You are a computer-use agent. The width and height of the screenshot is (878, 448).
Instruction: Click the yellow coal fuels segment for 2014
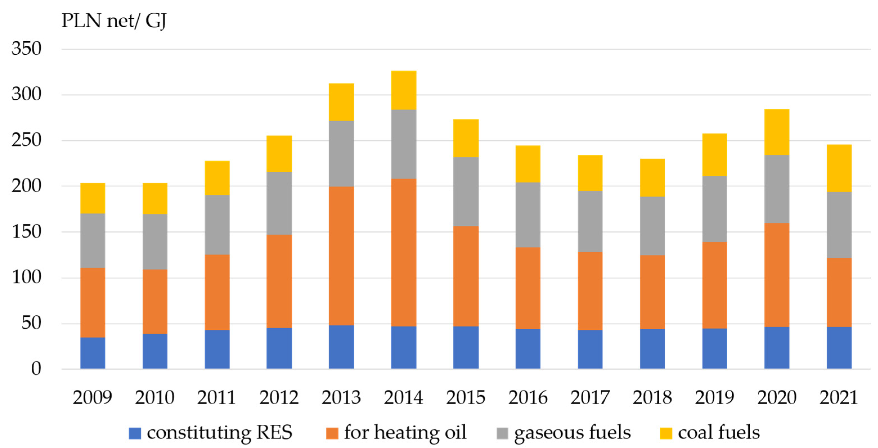click(x=404, y=90)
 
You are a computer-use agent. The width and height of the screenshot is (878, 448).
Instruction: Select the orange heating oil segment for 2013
click(x=341, y=255)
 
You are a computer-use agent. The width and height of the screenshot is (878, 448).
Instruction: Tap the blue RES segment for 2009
click(x=92, y=353)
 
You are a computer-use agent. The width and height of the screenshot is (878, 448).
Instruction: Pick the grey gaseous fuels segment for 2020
click(x=777, y=189)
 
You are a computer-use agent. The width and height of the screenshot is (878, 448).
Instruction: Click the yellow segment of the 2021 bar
click(x=839, y=168)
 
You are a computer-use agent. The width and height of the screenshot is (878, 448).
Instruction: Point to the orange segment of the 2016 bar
click(x=528, y=288)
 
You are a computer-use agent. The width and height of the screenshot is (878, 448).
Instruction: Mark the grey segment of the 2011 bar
click(x=217, y=225)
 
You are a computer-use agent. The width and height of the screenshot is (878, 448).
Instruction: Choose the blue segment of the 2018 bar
click(x=652, y=348)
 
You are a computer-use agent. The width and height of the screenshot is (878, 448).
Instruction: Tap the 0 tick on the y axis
click(x=36, y=369)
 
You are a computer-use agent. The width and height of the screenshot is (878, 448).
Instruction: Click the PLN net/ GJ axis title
click(x=114, y=21)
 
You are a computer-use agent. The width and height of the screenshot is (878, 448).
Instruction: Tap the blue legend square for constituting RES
click(x=135, y=433)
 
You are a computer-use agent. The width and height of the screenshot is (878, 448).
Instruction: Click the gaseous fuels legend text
click(x=572, y=432)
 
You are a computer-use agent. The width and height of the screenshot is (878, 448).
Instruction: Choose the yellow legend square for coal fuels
click(x=666, y=433)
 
